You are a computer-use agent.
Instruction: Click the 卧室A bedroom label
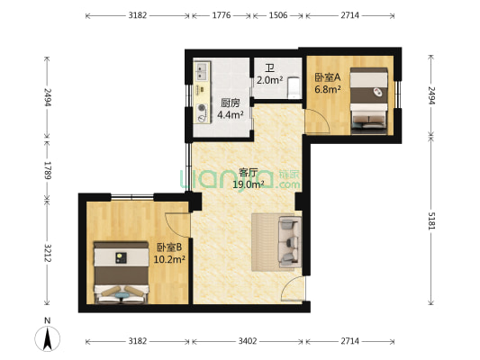pyautogui.click(x=325, y=77)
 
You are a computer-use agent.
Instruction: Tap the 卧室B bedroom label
pyautogui.click(x=169, y=247)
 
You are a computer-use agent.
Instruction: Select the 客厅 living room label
pyautogui.click(x=249, y=173)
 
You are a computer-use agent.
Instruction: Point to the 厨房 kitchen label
pyautogui.click(x=230, y=102)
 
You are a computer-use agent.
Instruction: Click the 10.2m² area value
pyautogui.click(x=170, y=259)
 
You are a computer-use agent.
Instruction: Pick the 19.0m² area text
pyautogui.click(x=249, y=184)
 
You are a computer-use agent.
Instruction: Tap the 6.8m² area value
pyautogui.click(x=325, y=89)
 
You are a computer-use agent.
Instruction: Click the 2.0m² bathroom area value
pyautogui.click(x=269, y=80)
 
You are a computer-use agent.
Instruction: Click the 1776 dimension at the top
pyautogui.click(x=221, y=16)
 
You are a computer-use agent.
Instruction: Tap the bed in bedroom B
pyautogui.click(x=119, y=269)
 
